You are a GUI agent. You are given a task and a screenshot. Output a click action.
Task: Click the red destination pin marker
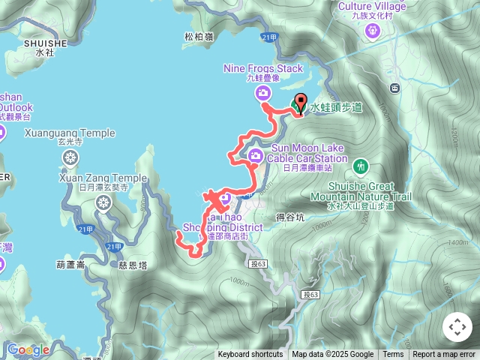coord(300,103)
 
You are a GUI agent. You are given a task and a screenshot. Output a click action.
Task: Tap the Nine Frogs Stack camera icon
coord(262,93)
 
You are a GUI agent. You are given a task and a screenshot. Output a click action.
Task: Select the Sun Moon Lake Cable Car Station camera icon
coord(256,156)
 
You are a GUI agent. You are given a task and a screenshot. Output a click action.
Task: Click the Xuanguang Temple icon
coord(70,157)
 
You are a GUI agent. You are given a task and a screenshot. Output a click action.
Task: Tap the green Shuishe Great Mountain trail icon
coord(361,165)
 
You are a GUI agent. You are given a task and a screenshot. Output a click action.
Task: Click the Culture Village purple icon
coord(373,31)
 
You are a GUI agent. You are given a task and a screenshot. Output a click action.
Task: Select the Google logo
coord(28,349)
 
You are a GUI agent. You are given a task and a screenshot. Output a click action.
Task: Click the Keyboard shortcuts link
coord(250,355)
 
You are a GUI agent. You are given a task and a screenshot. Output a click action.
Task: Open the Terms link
coord(393,355)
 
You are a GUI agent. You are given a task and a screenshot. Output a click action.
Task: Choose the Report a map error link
coord(444,355)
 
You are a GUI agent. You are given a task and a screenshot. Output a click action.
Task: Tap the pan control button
coord(457,327)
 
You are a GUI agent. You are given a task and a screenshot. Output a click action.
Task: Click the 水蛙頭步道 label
coord(335,108)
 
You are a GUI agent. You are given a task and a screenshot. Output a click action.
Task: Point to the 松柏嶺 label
coord(198,36)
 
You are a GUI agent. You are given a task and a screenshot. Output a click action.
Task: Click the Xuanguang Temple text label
coord(70,133)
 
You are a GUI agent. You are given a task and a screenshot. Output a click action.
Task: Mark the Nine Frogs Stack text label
coord(262,68)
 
